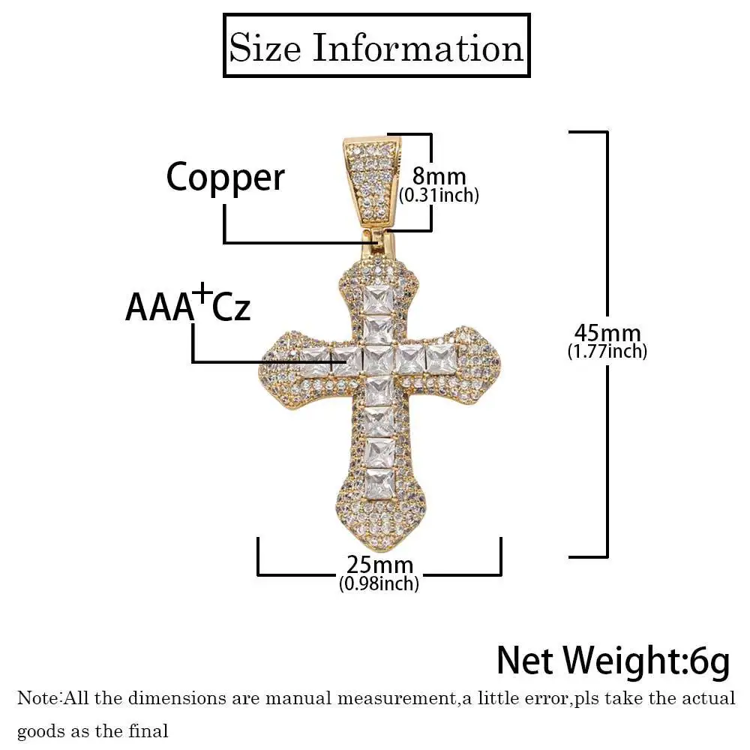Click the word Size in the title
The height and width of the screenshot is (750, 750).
tap(265, 48)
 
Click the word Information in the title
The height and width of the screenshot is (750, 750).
tap(417, 48)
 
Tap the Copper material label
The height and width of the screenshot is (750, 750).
tap(225, 178)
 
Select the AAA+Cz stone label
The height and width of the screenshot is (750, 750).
tap(187, 307)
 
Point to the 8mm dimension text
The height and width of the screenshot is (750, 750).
tap(439, 177)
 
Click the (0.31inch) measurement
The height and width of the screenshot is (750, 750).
tap(439, 196)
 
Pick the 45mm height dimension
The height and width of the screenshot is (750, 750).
tap(607, 332)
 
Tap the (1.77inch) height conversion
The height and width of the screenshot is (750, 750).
tap(607, 350)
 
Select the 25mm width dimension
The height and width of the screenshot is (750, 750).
tap(379, 564)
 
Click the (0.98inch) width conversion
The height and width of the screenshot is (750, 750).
tap(379, 582)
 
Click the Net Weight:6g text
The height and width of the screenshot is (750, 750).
tap(613, 660)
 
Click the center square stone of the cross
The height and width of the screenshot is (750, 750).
tap(378, 360)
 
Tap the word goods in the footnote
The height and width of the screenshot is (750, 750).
tap(40, 730)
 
